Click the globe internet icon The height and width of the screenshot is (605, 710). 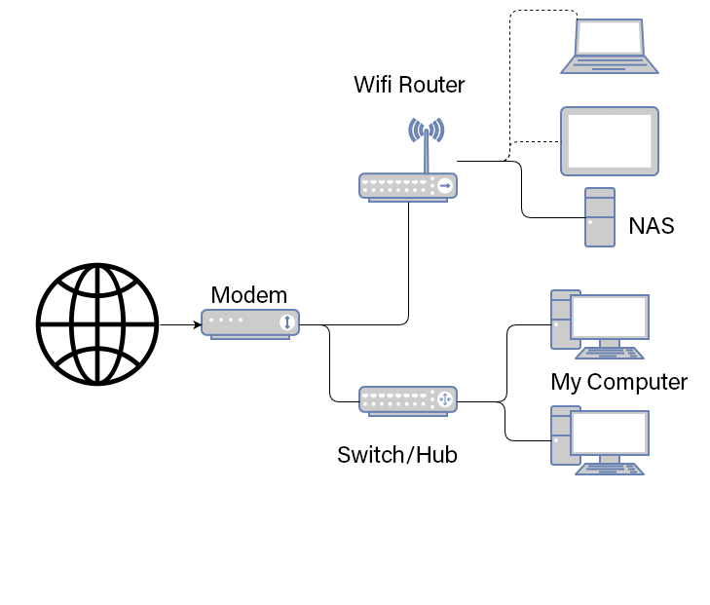[97, 323]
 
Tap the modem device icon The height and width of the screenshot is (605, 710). [250, 322]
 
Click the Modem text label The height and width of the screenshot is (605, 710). [249, 295]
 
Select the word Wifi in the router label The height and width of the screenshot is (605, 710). [373, 85]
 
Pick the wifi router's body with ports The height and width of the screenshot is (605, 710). [407, 185]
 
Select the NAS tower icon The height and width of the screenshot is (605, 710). [599, 216]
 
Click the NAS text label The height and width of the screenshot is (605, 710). [651, 227]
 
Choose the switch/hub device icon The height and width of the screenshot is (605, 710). [407, 399]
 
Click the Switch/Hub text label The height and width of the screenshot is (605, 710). [396, 454]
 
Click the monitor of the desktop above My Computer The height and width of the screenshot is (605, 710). [610, 317]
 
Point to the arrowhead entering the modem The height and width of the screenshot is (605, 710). [196, 323]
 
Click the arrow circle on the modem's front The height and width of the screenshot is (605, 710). [287, 322]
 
